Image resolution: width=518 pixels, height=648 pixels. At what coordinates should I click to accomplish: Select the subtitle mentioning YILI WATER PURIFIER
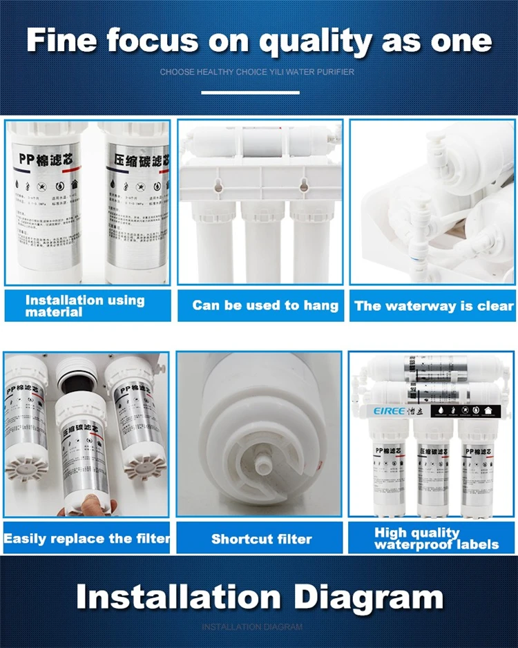[x=258, y=72]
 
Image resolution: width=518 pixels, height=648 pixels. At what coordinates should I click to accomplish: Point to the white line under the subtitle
[x=250, y=92]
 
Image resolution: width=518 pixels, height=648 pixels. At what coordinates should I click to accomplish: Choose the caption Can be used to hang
[x=265, y=305]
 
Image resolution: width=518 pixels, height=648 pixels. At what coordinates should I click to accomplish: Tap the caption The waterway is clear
[x=434, y=305]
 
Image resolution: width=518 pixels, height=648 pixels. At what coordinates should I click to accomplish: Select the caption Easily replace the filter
[x=86, y=538]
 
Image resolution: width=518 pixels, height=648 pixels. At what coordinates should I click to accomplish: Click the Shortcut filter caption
[x=261, y=539]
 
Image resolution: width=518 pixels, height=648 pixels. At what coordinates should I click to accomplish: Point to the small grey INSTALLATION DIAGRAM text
[x=252, y=627]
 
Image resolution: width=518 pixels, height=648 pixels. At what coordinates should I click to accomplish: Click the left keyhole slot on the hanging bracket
[x=216, y=185]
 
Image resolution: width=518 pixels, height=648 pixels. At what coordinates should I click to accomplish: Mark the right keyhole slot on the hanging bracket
[x=302, y=184]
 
